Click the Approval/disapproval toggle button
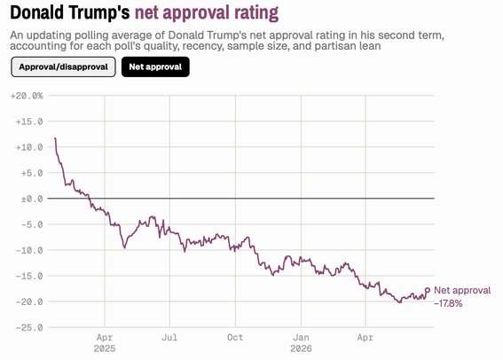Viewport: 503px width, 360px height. tap(63, 67)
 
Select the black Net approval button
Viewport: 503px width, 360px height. tap(155, 67)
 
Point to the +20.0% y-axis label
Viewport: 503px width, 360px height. tap(27, 96)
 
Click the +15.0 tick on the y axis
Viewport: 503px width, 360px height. tap(29, 121)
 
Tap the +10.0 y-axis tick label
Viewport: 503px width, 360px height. tap(29, 147)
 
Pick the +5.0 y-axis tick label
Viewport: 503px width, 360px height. tap(32, 173)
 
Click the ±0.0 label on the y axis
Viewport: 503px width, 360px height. tap(32, 200)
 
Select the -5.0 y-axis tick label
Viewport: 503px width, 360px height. tap(32, 224)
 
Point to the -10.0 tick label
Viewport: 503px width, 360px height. tap(29, 250)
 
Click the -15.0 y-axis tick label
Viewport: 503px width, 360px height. tap(29, 276)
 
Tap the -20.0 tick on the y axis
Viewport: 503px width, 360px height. tap(29, 302)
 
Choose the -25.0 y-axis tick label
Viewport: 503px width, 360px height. tap(29, 327)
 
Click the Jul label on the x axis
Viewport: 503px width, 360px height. tap(169, 337)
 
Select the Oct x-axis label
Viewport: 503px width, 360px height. tap(235, 337)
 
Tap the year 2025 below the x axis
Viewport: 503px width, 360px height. tap(105, 348)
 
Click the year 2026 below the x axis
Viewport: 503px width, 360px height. tap(301, 348)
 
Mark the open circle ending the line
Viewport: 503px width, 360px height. tap(428, 291)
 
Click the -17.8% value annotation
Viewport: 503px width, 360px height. tap(448, 303)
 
